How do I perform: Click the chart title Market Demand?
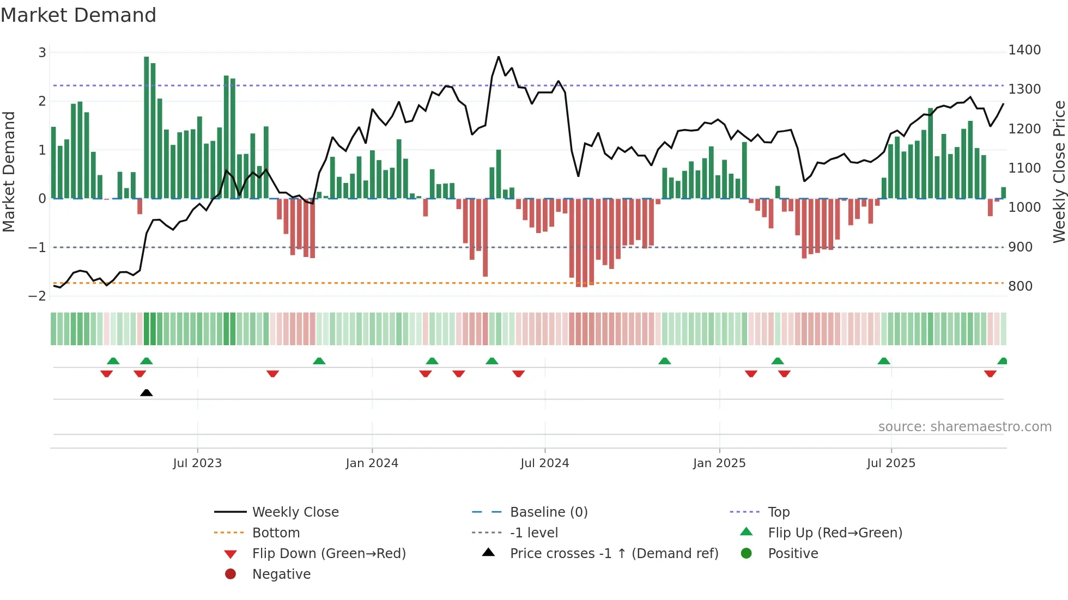click(78, 15)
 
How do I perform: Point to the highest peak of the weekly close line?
click(498, 57)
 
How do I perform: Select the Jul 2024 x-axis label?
click(544, 463)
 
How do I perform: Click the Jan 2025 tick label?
click(719, 463)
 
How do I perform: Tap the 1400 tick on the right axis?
click(1024, 50)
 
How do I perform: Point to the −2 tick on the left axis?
click(38, 296)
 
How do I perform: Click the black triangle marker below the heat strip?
click(146, 393)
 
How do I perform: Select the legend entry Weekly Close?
click(295, 512)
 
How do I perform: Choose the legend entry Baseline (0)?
click(548, 512)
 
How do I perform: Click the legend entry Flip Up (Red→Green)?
click(835, 532)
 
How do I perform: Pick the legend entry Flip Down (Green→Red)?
click(329, 553)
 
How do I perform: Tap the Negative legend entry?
click(281, 574)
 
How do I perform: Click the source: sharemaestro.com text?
click(964, 426)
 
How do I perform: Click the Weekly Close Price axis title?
click(1059, 172)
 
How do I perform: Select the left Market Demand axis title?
click(9, 172)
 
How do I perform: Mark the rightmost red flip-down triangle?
click(990, 374)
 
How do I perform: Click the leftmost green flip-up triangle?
click(113, 361)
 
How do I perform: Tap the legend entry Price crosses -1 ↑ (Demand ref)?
click(614, 553)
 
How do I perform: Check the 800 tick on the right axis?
click(1020, 286)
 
